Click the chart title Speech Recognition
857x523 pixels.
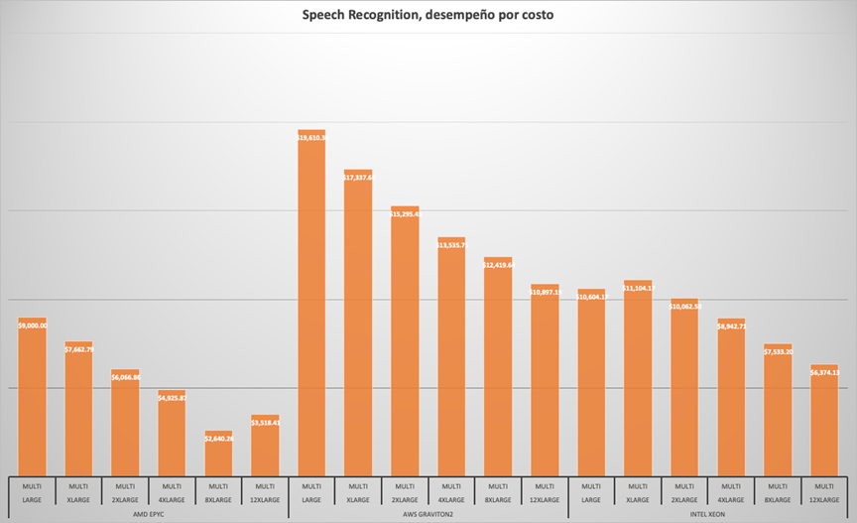pos(428,16)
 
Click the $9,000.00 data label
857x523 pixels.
pos(33,325)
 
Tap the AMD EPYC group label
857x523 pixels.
pos(148,513)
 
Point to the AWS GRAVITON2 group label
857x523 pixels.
pos(428,513)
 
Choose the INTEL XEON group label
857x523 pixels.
pos(707,513)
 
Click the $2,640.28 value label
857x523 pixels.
pos(218,438)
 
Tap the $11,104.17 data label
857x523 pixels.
pos(638,288)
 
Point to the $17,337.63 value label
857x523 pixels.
pos(358,177)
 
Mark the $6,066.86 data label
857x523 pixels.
pos(125,377)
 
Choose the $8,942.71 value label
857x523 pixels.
pos(731,326)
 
